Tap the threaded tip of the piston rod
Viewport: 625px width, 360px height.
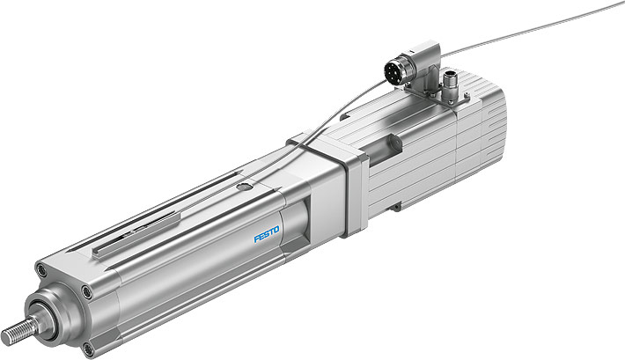point(13,335)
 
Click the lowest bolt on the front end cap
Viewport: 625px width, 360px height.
point(87,349)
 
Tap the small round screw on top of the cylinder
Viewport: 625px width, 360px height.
point(249,186)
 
